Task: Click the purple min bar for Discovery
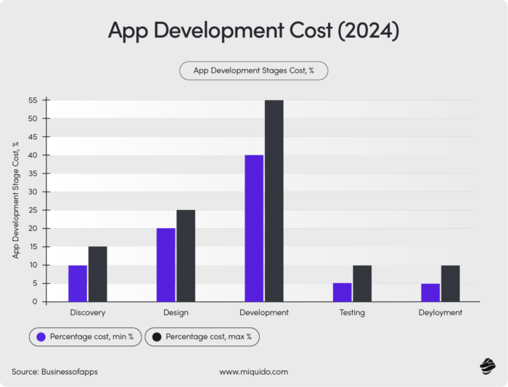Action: click(78, 283)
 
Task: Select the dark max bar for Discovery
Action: click(98, 274)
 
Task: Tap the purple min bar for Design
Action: click(165, 265)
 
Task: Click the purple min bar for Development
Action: click(254, 228)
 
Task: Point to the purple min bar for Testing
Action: click(343, 292)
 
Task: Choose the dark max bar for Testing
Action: click(362, 283)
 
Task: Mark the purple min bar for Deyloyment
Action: click(430, 292)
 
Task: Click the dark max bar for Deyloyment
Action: click(451, 283)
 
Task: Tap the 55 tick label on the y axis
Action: click(33, 100)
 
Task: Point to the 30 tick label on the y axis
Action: click(33, 192)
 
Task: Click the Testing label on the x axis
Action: click(352, 313)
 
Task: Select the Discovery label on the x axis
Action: click(88, 313)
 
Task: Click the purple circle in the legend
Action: click(41, 337)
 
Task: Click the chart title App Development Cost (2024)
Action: click(253, 31)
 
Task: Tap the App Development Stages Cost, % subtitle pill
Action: click(253, 70)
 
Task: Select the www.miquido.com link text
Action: click(253, 372)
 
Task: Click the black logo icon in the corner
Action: click(487, 367)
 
